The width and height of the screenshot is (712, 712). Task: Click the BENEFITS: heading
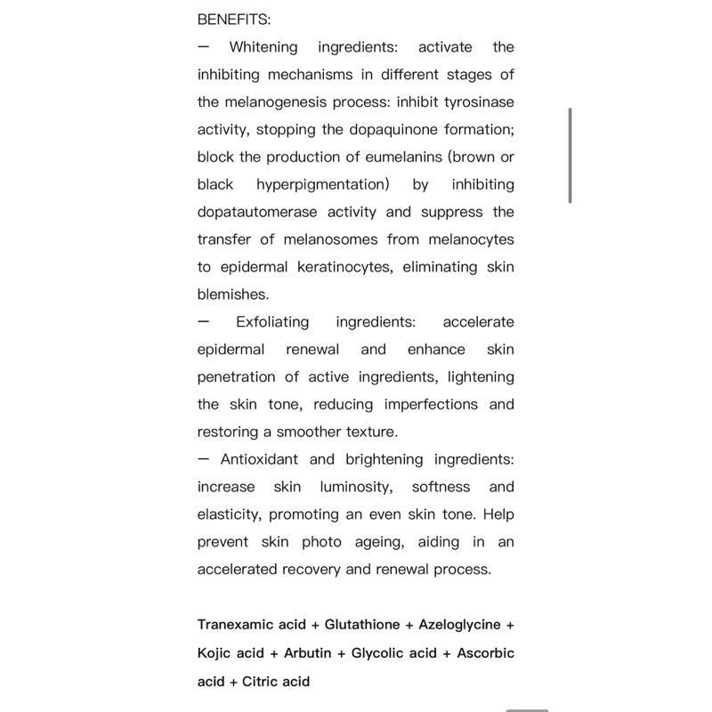click(x=234, y=20)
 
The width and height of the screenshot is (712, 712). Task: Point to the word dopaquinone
click(x=388, y=130)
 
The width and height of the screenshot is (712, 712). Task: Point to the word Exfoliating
click(x=272, y=322)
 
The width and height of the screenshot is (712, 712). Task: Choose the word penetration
click(x=236, y=377)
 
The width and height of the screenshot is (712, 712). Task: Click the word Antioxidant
click(x=258, y=460)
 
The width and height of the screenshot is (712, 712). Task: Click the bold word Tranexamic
click(x=236, y=625)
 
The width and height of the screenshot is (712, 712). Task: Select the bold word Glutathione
click(x=361, y=625)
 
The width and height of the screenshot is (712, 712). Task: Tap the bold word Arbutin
click(x=307, y=653)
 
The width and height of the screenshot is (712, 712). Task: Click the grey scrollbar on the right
click(x=570, y=156)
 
